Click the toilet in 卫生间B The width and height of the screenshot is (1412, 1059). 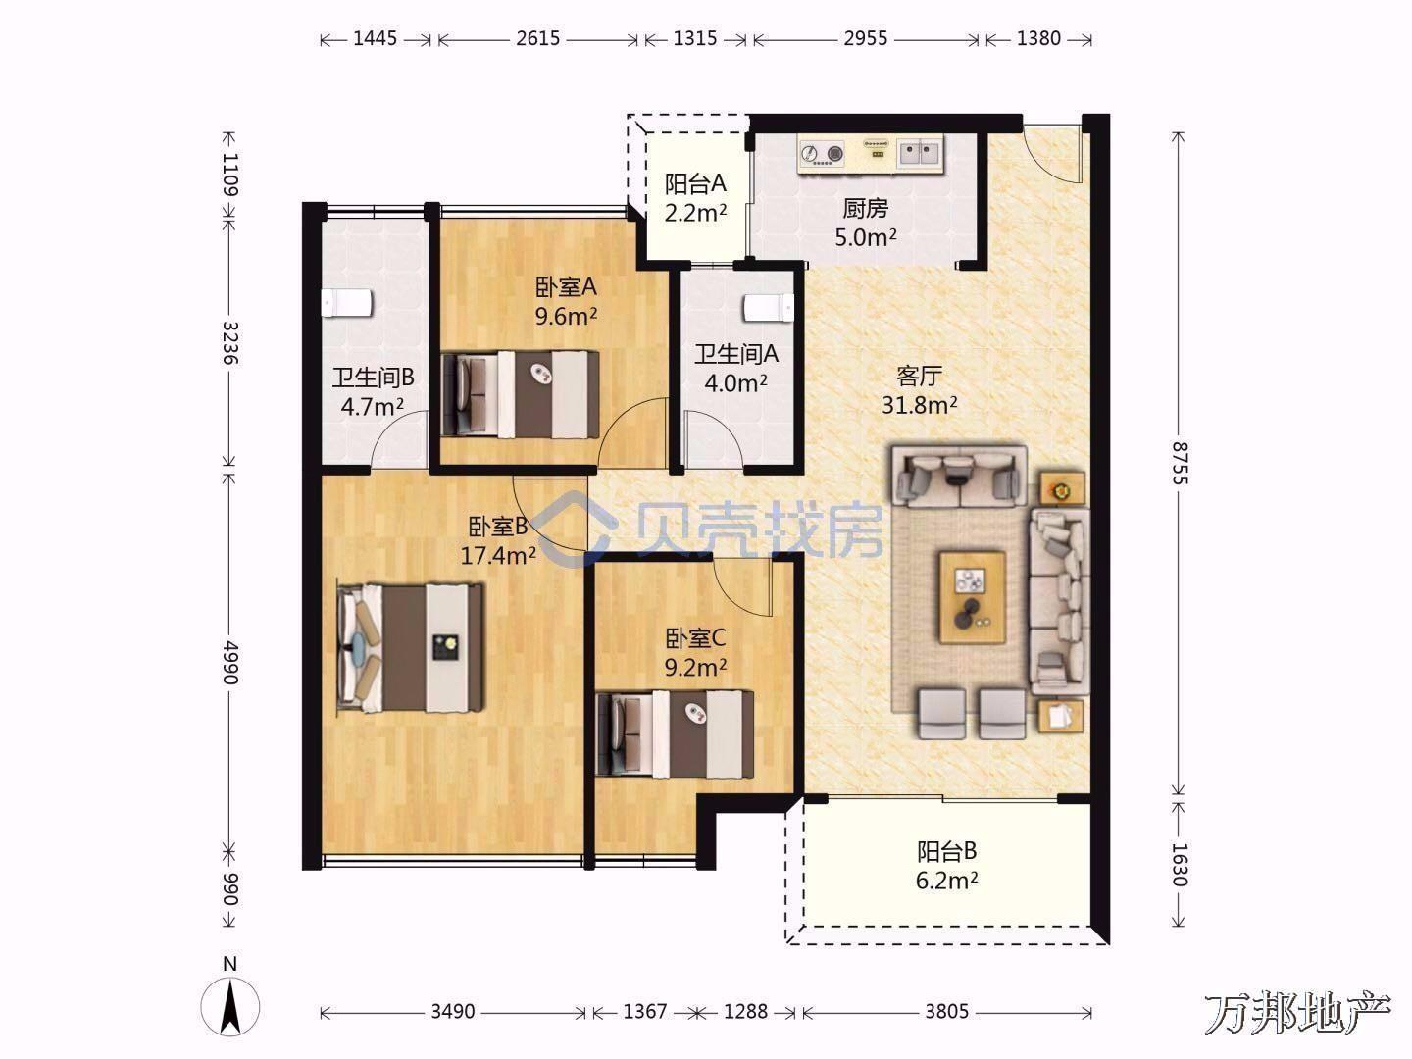347,303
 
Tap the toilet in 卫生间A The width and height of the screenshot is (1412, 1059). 769,307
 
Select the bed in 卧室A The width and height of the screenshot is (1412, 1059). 521,394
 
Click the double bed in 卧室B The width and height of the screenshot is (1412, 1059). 411,647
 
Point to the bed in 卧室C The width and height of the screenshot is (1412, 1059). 676,733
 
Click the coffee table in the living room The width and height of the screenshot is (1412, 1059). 973,596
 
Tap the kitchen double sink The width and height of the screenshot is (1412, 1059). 919,153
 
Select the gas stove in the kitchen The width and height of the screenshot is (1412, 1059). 822,153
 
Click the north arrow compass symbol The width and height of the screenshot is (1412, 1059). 229,1007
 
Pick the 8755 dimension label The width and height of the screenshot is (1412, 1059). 1180,463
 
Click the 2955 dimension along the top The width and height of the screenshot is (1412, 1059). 866,38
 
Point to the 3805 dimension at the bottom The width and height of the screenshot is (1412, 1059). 946,1012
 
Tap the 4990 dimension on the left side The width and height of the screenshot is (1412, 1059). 229,662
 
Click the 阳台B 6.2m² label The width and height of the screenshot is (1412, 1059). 947,866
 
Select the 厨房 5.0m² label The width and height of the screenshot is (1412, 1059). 865,223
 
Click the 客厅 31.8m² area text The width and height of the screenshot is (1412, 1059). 919,389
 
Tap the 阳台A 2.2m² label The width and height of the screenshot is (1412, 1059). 695,197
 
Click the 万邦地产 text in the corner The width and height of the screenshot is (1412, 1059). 1297,1014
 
